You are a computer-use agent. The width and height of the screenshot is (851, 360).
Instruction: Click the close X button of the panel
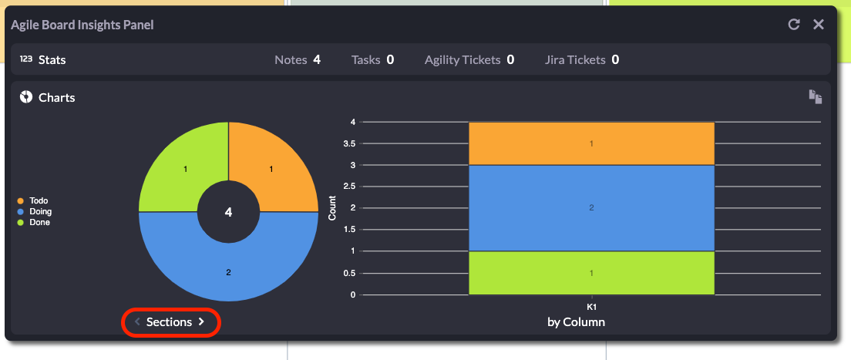tap(819, 25)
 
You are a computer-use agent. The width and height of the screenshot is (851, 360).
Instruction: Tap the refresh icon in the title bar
tap(794, 25)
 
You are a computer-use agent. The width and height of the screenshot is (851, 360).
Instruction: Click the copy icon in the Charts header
tap(816, 96)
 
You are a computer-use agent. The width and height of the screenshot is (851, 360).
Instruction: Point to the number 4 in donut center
tap(228, 212)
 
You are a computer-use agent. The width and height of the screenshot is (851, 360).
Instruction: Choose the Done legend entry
tap(35, 222)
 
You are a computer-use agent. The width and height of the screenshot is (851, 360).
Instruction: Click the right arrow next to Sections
tap(201, 322)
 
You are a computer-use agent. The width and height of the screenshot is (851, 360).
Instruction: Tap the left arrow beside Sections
tap(137, 322)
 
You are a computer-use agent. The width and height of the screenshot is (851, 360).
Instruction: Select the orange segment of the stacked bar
tap(591, 143)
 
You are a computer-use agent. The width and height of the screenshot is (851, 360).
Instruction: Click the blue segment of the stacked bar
tap(591, 207)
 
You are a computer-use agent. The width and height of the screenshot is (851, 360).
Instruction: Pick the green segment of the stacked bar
tap(591, 273)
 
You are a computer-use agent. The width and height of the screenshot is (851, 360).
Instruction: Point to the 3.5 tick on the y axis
tap(348, 143)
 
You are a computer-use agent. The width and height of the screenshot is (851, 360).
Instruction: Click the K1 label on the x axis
tap(591, 307)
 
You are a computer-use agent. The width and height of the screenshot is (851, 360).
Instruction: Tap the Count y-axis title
tap(332, 208)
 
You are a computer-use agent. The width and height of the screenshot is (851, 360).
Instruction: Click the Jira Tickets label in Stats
tap(574, 59)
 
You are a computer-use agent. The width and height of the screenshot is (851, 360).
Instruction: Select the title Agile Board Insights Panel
tap(82, 25)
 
